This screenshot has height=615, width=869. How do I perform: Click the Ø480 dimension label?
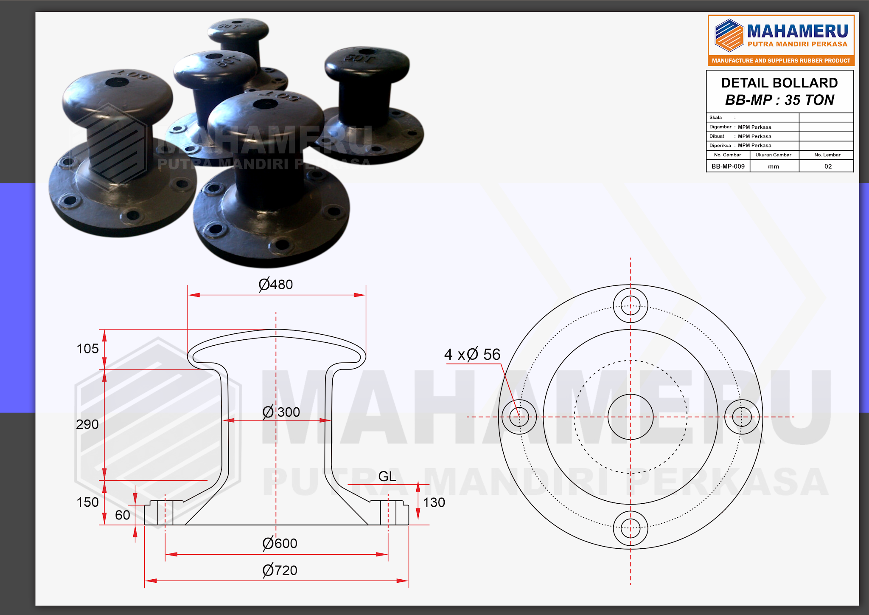tap(276, 284)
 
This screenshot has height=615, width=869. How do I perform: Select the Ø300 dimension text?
tap(281, 412)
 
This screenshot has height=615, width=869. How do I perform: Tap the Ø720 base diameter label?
tap(280, 570)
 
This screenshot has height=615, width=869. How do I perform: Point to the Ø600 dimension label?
tap(280, 543)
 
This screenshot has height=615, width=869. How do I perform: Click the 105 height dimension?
tap(87, 349)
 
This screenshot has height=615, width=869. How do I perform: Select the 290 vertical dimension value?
tap(87, 424)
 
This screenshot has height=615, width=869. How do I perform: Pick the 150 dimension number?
tap(87, 502)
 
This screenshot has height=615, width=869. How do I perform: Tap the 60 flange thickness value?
tap(123, 515)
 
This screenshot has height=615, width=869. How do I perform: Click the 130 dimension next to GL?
tap(434, 502)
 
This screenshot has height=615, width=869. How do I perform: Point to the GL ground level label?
tap(387, 476)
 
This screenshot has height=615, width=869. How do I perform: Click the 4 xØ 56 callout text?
tap(472, 354)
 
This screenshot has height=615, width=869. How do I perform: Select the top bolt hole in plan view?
tap(631, 305)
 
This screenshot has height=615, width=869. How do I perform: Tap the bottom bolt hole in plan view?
tap(631, 529)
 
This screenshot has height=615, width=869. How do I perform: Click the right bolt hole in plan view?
tap(742, 417)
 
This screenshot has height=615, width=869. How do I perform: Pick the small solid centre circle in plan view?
tap(631, 417)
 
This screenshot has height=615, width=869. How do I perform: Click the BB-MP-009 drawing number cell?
tap(728, 166)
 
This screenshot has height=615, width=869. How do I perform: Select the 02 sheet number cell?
tap(828, 166)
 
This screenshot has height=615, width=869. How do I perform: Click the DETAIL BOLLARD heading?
tap(779, 83)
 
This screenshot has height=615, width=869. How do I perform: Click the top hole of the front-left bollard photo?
tap(117, 82)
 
